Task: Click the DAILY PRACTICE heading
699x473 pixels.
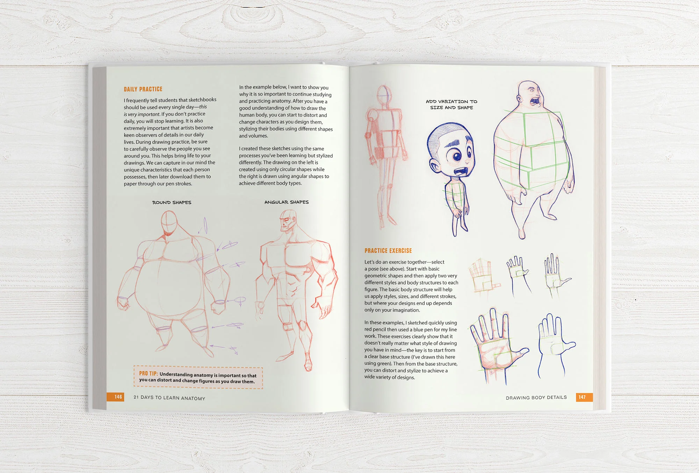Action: coord(143,89)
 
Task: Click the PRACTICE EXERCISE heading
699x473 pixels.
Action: coord(388,250)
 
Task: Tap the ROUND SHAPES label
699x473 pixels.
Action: coord(172,202)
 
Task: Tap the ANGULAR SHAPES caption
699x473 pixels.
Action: coord(286,202)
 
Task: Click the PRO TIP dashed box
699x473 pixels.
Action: coord(198,377)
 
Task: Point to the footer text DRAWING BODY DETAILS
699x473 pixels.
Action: coord(536,398)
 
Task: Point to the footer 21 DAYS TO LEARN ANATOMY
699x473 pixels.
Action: coord(169,398)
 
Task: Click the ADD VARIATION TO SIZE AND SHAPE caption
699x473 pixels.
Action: coord(451,104)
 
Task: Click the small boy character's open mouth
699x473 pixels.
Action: coord(461,172)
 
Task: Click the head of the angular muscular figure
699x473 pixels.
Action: coord(288,220)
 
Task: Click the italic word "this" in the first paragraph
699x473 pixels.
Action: coord(203,107)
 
